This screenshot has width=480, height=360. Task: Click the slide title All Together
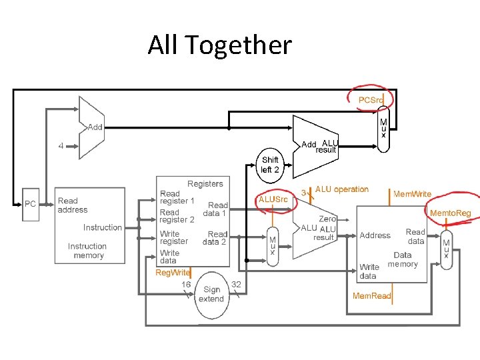pyautogui.click(x=220, y=45)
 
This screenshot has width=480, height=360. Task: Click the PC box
pyautogui.click(x=30, y=204)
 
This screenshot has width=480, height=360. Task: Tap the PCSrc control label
pyautogui.click(x=371, y=100)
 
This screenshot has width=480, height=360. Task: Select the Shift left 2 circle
pyautogui.click(x=270, y=165)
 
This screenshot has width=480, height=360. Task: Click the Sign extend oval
pyautogui.click(x=211, y=294)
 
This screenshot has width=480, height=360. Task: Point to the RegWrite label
pyautogui.click(x=173, y=273)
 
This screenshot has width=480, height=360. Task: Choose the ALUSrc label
pyautogui.click(x=273, y=199)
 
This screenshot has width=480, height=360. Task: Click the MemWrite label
pyautogui.click(x=413, y=194)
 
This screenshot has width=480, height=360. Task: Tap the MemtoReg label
pyautogui.click(x=450, y=213)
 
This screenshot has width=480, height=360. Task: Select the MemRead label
pyautogui.click(x=371, y=295)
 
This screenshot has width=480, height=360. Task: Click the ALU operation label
pyautogui.click(x=341, y=189)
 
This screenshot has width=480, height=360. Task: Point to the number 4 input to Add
pyautogui.click(x=61, y=147)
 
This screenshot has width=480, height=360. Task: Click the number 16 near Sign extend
pyautogui.click(x=186, y=284)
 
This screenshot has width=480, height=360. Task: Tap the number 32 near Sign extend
pyautogui.click(x=236, y=284)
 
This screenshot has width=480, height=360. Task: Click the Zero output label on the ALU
pyautogui.click(x=327, y=219)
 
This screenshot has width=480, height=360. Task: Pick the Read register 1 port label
pyautogui.click(x=177, y=197)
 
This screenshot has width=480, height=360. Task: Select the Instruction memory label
pyautogui.click(x=87, y=251)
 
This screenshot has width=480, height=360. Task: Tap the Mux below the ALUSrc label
pyautogui.click(x=272, y=247)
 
